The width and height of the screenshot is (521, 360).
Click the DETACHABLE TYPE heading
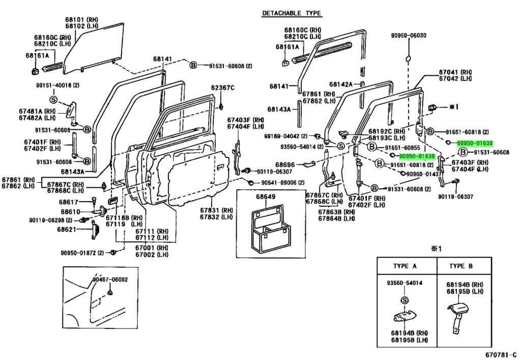(292, 13)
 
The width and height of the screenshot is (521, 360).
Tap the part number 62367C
(223, 88)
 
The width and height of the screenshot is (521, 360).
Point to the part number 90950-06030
(409, 36)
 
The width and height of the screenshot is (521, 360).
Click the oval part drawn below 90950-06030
(408, 59)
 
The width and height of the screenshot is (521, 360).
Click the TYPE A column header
(405, 266)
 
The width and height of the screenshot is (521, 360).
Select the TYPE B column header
(461, 266)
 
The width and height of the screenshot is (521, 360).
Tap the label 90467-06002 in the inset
(110, 279)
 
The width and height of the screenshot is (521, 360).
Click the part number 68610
(70, 212)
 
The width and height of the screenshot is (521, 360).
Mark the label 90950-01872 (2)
(82, 253)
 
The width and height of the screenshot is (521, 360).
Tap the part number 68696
(285, 164)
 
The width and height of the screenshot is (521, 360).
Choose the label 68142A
(341, 85)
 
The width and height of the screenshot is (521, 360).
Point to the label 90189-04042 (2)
(285, 136)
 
